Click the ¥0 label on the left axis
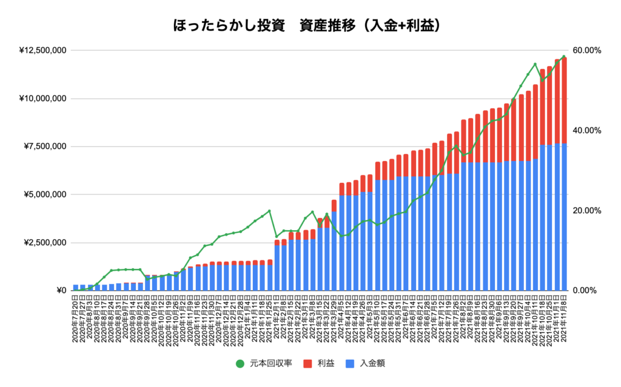pos(60,291)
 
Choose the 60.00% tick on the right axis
pos(585,50)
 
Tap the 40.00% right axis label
pos(585,130)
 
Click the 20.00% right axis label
pos(585,211)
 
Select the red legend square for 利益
pos(303,364)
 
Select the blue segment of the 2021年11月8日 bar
pos(564,218)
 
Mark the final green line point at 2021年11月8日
pos(564,57)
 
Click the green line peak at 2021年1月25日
pos(269,211)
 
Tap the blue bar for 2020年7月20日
pos(76,288)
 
